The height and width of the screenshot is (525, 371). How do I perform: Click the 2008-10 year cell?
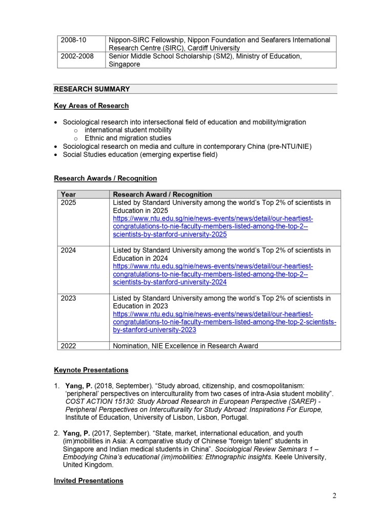tap(74, 40)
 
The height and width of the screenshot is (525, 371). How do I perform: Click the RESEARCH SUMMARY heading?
tap(92, 89)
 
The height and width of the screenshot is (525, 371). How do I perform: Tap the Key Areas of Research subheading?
tap(91, 106)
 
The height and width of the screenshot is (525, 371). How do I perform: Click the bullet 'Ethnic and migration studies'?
tap(128, 138)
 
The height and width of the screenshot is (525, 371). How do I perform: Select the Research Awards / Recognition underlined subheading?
tap(105, 179)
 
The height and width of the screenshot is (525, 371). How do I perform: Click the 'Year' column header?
tap(68, 195)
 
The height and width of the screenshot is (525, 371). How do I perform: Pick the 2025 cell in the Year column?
tap(68, 203)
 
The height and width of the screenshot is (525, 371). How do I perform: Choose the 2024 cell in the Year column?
tap(68, 250)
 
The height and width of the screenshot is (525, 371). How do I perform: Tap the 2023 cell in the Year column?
tap(68, 298)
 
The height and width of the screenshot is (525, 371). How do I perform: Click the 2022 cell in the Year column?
tap(68, 346)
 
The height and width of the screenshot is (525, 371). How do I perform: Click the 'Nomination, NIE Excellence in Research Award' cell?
tap(186, 346)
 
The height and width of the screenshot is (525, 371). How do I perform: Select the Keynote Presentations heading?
tap(91, 370)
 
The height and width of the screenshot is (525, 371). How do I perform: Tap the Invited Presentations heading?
tap(89, 481)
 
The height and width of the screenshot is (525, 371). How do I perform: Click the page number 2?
tap(334, 496)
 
